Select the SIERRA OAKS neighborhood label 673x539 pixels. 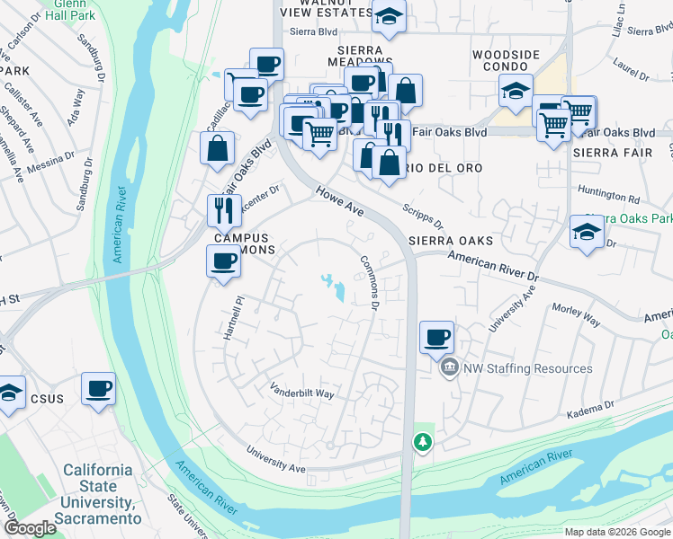pos(451,241)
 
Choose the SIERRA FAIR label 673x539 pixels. pos(606,153)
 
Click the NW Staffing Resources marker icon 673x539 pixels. pos(448,368)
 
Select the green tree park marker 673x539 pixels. pos(422,442)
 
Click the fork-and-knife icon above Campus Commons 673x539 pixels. pos(224,210)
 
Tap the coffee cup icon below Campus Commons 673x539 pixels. pos(224,262)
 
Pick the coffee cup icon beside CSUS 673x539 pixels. pos(98,389)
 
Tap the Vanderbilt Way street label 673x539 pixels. pos(302,392)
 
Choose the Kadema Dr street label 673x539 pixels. pos(591,412)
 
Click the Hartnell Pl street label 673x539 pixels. pos(233,318)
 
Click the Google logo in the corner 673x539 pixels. pos(30,528)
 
